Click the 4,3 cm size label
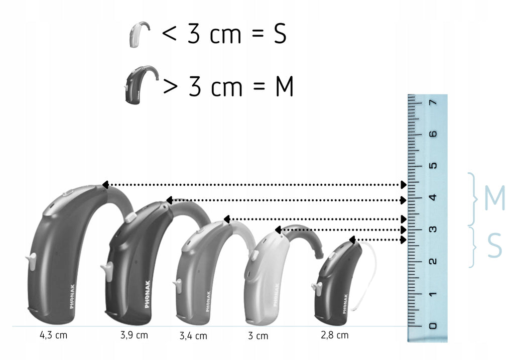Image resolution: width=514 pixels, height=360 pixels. (x=53, y=335)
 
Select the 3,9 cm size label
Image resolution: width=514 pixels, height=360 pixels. (x=134, y=335)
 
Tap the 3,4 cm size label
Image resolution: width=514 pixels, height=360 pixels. (x=193, y=336)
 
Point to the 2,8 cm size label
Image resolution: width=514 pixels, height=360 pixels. (x=335, y=335)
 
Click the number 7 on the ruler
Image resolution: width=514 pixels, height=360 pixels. (x=433, y=102)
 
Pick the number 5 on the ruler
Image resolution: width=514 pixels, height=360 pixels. (x=433, y=165)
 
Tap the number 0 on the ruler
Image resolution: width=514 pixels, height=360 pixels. (x=433, y=325)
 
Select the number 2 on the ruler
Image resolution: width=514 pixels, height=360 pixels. (x=433, y=261)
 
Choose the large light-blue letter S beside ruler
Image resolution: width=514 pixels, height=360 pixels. (x=494, y=245)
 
